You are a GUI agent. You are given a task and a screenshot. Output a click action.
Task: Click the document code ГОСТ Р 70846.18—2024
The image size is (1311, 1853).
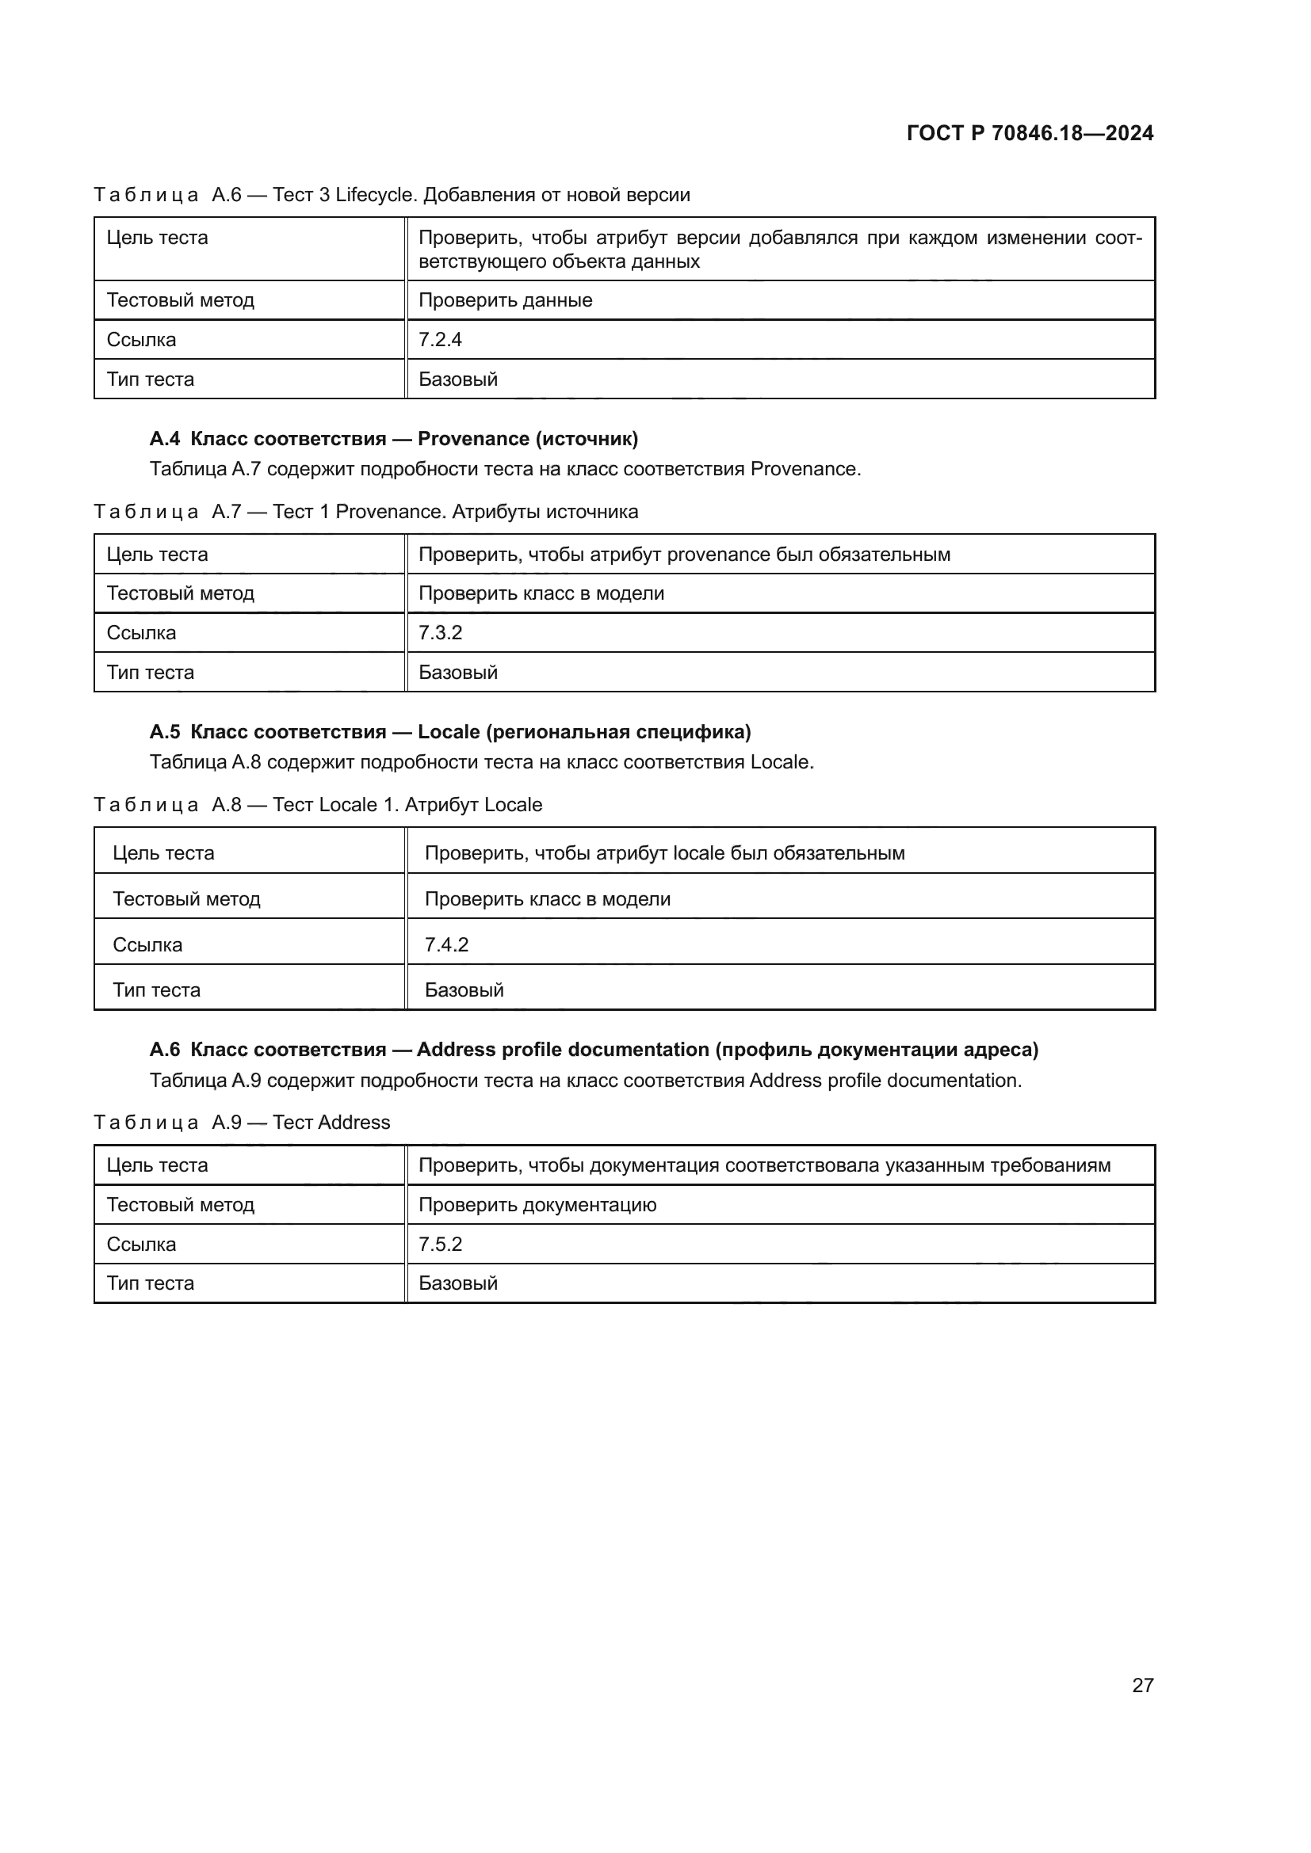[x=1030, y=133]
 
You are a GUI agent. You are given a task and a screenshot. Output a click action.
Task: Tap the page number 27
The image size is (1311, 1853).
[x=1142, y=1685]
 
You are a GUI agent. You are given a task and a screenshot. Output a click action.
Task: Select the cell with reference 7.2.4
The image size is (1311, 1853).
[x=440, y=339]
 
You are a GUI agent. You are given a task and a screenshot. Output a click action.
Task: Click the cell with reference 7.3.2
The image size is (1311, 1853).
[x=440, y=633]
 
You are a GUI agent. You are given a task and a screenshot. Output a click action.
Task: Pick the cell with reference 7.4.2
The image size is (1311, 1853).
[x=446, y=944]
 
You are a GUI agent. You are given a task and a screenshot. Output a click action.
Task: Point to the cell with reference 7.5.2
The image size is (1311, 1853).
[x=440, y=1244]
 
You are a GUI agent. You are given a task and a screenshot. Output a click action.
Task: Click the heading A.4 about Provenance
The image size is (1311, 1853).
[x=393, y=438]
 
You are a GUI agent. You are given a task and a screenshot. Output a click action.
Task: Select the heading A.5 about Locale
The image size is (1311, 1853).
[x=449, y=731]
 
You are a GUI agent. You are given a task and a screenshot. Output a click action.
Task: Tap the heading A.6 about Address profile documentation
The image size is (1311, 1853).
[x=594, y=1049]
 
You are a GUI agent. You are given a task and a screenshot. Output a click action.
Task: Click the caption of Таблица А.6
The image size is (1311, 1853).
[x=392, y=195]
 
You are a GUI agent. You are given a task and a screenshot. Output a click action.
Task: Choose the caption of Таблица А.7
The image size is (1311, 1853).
[x=365, y=512]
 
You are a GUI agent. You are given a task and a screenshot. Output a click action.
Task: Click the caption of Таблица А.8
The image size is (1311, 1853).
[x=318, y=805]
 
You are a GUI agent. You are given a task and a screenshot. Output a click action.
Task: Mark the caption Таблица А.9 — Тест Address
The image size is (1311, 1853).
[x=243, y=1122]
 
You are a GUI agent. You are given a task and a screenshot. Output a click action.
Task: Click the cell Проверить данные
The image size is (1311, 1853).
[x=506, y=300]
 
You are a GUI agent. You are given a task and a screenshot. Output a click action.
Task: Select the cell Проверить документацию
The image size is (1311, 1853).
[x=537, y=1204]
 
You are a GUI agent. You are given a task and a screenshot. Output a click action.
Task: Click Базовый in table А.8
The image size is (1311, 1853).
[x=464, y=989]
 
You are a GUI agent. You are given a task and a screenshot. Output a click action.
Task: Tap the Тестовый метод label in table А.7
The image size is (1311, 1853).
[x=180, y=593]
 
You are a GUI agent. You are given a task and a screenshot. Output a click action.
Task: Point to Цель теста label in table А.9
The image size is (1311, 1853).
[x=158, y=1165]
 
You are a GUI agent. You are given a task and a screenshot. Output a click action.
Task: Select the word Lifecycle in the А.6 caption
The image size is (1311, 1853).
[x=376, y=195]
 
